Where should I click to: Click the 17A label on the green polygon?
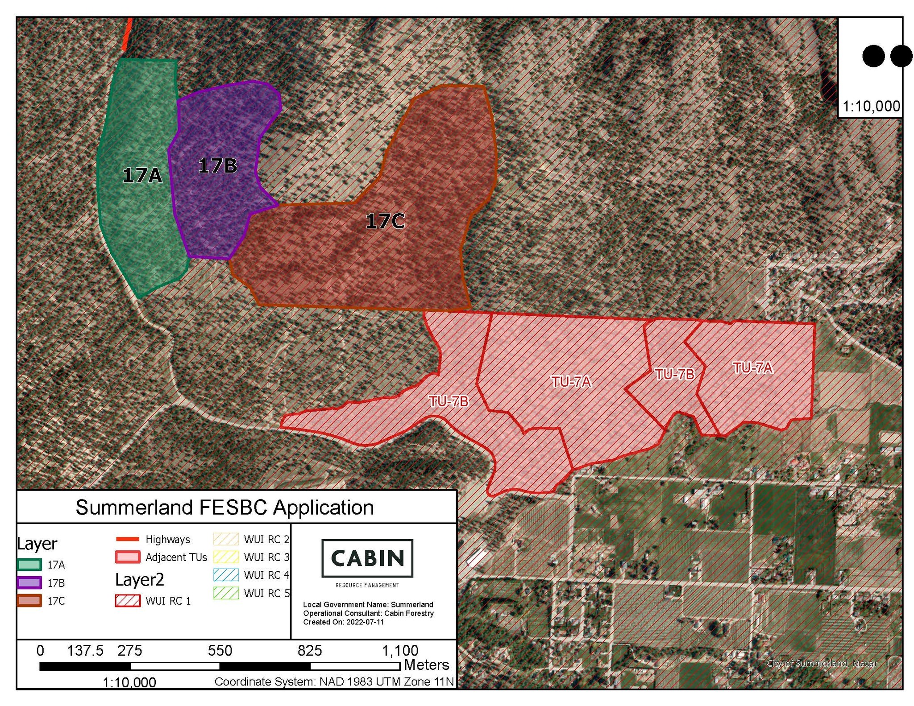pos(142,175)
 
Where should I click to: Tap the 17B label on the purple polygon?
pos(217,166)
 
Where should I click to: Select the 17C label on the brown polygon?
pos(385,221)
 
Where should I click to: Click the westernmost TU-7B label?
pos(449,401)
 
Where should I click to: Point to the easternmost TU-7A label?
pos(752,367)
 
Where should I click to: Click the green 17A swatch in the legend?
pos(29,565)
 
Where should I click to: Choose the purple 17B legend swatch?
pos(29,583)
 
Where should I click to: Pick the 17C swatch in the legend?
pos(29,601)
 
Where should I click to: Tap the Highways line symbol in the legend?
pos(128,539)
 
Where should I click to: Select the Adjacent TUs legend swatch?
pos(128,557)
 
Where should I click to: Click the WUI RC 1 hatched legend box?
pos(128,601)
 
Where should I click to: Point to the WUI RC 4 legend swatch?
pos(226,575)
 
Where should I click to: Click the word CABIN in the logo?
pos(367,558)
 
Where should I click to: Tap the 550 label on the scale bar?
pos(220,651)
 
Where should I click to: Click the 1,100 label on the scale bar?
pos(400,651)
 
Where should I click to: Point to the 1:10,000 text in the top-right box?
pos(871,106)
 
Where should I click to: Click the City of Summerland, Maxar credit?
pos(822,663)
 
